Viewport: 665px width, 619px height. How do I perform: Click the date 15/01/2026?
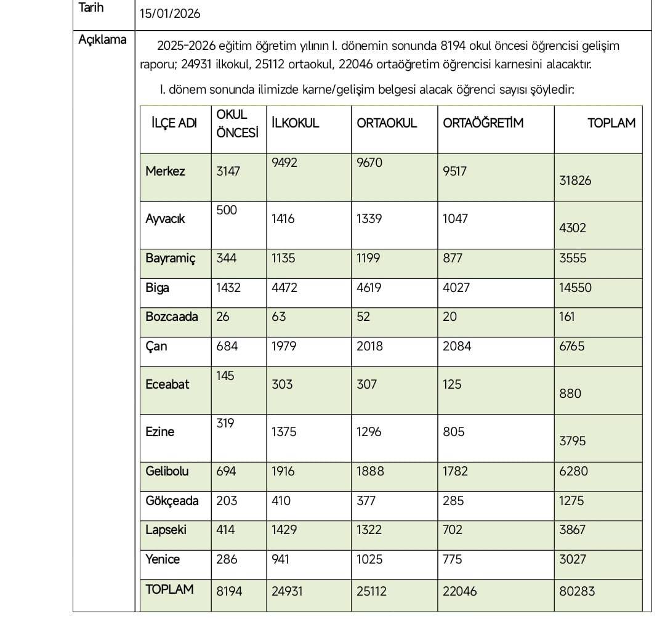(170, 14)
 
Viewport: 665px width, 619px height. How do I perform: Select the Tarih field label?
(92, 8)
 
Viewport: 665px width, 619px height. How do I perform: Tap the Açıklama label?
(102, 40)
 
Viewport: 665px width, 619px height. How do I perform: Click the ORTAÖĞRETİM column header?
(483, 123)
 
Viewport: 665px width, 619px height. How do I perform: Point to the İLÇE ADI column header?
(174, 123)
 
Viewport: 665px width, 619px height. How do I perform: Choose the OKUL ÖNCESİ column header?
(237, 123)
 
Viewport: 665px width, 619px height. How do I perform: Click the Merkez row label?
(165, 171)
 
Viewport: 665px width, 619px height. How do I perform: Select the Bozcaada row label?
(172, 317)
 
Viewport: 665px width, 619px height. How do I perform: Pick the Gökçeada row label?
(172, 501)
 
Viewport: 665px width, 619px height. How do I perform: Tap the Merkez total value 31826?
(575, 180)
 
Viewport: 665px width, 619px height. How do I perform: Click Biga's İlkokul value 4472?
(284, 288)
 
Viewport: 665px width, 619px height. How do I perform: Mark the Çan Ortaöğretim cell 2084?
(457, 346)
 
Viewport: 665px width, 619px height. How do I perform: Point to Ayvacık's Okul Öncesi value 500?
(227, 210)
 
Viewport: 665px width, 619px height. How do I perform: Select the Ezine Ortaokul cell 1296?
(369, 432)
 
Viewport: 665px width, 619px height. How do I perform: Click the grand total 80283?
(577, 591)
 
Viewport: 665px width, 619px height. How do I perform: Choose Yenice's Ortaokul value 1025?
(369, 559)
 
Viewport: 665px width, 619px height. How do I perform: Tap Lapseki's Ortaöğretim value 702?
(453, 530)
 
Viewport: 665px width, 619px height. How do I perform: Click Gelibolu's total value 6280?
(574, 471)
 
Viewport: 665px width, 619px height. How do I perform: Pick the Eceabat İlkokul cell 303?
(282, 384)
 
